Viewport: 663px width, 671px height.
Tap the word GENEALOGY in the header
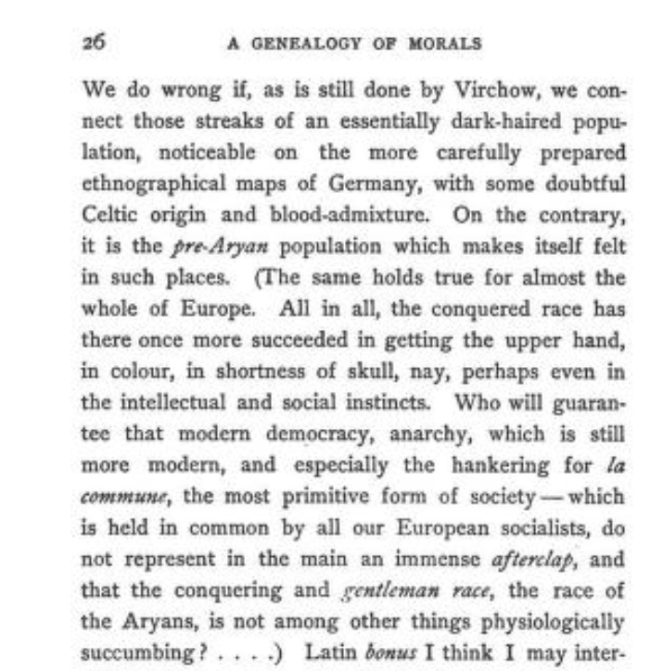pyautogui.click(x=314, y=44)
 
